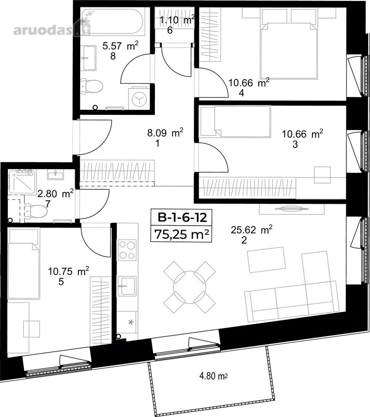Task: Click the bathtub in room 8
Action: [113, 21]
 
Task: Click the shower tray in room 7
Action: [22, 182]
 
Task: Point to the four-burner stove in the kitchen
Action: [127, 250]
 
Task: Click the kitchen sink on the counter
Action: [127, 286]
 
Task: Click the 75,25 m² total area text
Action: [181, 234]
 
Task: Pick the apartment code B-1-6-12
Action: [182, 218]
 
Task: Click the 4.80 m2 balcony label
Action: [213, 376]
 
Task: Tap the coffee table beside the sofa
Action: [267, 260]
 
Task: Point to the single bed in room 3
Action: [235, 121]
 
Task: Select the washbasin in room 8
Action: [89, 58]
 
